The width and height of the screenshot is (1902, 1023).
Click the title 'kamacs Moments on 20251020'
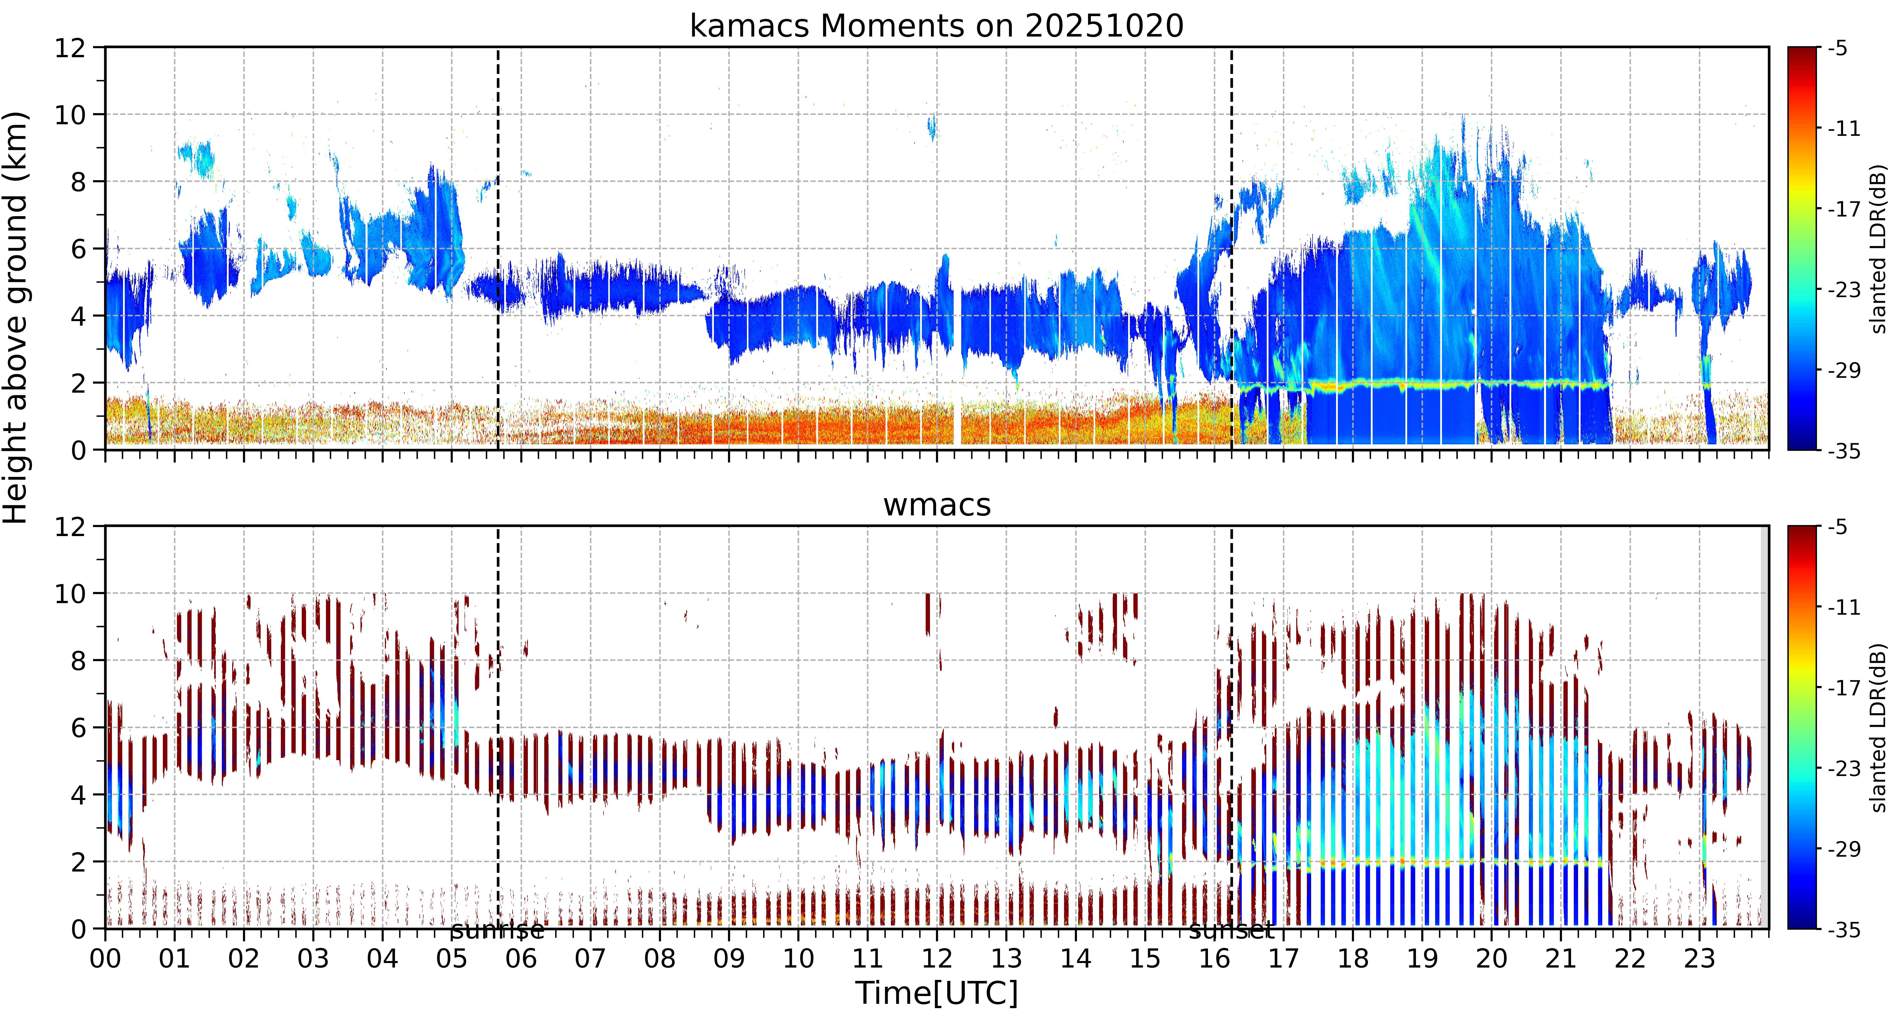936,26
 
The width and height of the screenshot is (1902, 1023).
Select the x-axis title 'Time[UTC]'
936,994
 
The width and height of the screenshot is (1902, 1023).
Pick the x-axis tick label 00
106,959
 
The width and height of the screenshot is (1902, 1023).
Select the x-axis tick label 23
1699,959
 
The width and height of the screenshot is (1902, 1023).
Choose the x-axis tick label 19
1422,959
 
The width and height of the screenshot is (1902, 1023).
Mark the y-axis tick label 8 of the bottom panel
78,661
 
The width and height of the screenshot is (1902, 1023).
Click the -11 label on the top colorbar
1844,129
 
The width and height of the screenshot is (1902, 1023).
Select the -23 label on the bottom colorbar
1844,768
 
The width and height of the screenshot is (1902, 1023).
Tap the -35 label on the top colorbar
1844,451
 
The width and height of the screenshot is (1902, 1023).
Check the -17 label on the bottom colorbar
1844,688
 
